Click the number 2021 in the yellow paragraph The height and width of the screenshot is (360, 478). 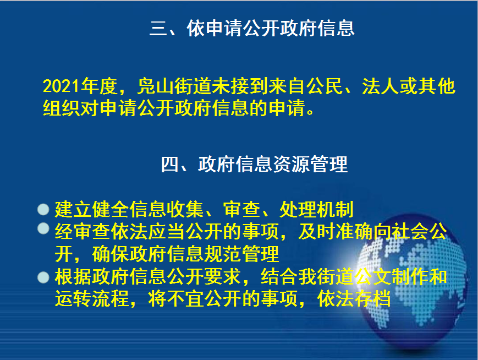pos(61,86)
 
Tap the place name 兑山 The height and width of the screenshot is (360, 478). pos(155,86)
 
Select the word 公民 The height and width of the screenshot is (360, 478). pos(325,86)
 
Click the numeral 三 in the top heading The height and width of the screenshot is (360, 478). pos(158,28)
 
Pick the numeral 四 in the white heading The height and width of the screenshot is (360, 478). pos(170,164)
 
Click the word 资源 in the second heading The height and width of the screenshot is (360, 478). pos(292,164)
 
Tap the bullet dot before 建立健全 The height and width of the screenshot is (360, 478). pos(43,209)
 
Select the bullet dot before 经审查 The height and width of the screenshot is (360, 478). pos(43,228)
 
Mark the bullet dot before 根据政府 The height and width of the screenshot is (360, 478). pos(43,277)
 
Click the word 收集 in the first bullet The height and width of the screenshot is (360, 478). pos(186,209)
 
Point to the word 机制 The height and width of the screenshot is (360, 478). pos(336,209)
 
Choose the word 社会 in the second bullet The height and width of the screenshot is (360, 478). pos(410,232)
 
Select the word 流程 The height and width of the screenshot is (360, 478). pos(111,298)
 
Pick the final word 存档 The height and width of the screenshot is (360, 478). pos(372,298)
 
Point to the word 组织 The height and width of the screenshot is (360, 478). pos(61,108)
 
